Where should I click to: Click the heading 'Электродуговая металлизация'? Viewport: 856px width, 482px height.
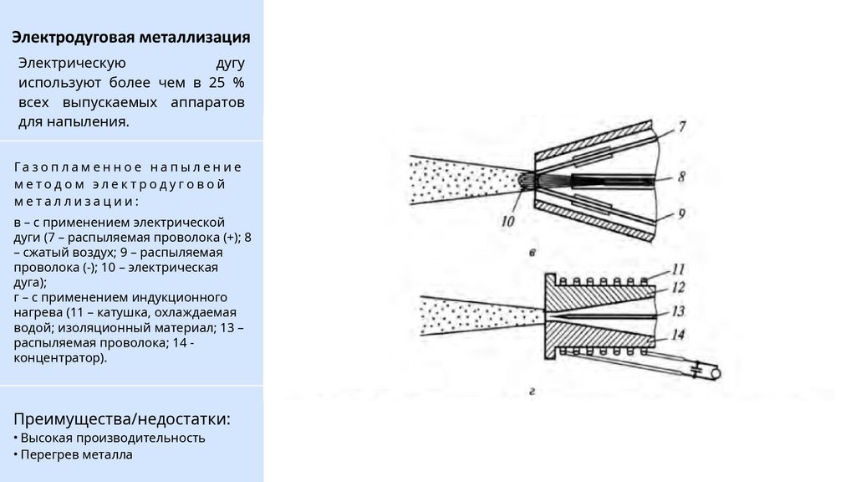[x=131, y=37]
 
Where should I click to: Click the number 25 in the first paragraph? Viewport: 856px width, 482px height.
[x=217, y=83]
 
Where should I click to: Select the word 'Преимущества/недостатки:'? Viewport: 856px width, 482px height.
[x=122, y=419]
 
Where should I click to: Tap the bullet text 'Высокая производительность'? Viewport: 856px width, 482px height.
[x=113, y=438]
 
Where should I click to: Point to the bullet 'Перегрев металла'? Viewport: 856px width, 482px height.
[x=76, y=454]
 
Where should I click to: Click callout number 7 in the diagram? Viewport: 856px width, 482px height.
[x=682, y=127]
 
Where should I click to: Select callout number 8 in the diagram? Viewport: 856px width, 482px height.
[x=681, y=177]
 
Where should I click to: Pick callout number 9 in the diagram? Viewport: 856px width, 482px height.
[x=681, y=213]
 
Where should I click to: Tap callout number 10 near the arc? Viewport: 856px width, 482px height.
[x=507, y=221]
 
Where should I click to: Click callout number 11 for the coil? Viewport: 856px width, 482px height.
[x=677, y=269]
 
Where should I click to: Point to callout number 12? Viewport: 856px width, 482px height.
[x=677, y=288]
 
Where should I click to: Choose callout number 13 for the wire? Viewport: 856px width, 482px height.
[x=677, y=311]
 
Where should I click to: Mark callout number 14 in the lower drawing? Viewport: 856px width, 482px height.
[x=677, y=335]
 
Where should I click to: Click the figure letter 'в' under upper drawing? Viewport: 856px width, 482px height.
[x=532, y=253]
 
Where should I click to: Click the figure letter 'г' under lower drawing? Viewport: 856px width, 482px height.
[x=532, y=392]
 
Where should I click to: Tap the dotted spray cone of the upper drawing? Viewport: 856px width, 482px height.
[x=464, y=181]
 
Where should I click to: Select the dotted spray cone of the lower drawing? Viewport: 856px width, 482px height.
[x=481, y=315]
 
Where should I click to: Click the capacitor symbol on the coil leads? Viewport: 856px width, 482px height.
[x=695, y=372]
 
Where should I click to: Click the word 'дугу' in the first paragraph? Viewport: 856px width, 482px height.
[x=230, y=64]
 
